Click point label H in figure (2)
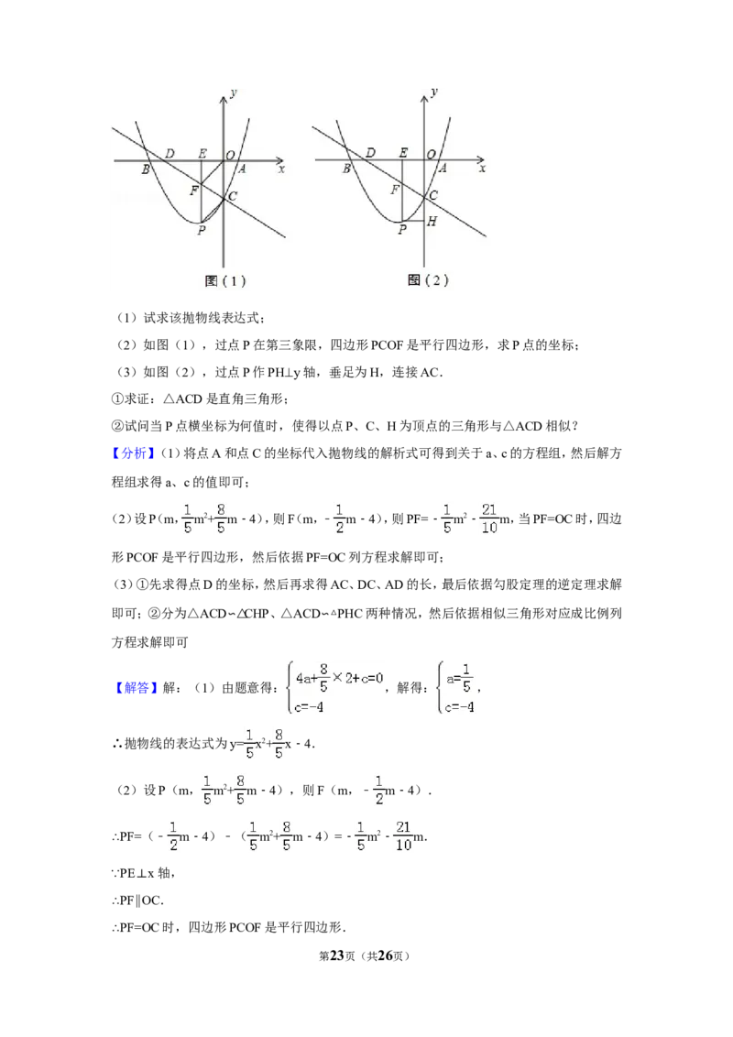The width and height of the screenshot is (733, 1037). pos(432,221)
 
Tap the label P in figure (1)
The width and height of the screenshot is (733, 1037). pos(202,230)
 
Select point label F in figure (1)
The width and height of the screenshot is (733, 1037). pos(193,191)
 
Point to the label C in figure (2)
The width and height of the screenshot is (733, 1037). pos(433,195)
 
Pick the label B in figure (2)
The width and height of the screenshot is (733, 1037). pos(346,169)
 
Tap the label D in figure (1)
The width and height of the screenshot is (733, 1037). pos(170,153)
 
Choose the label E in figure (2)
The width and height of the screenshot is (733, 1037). pos(403,153)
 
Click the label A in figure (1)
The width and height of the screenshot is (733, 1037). pos(242,169)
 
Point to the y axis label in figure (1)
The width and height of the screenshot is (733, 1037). pos(235,93)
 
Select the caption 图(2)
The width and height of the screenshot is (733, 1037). pos(428,280)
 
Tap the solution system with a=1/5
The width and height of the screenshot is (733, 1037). pos(458,689)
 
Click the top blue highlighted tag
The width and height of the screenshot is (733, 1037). pos(136,453)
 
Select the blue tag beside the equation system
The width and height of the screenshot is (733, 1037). pos(137,688)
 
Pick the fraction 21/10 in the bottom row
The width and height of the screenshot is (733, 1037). pos(403,835)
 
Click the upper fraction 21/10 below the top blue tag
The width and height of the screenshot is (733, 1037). pos(491,517)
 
